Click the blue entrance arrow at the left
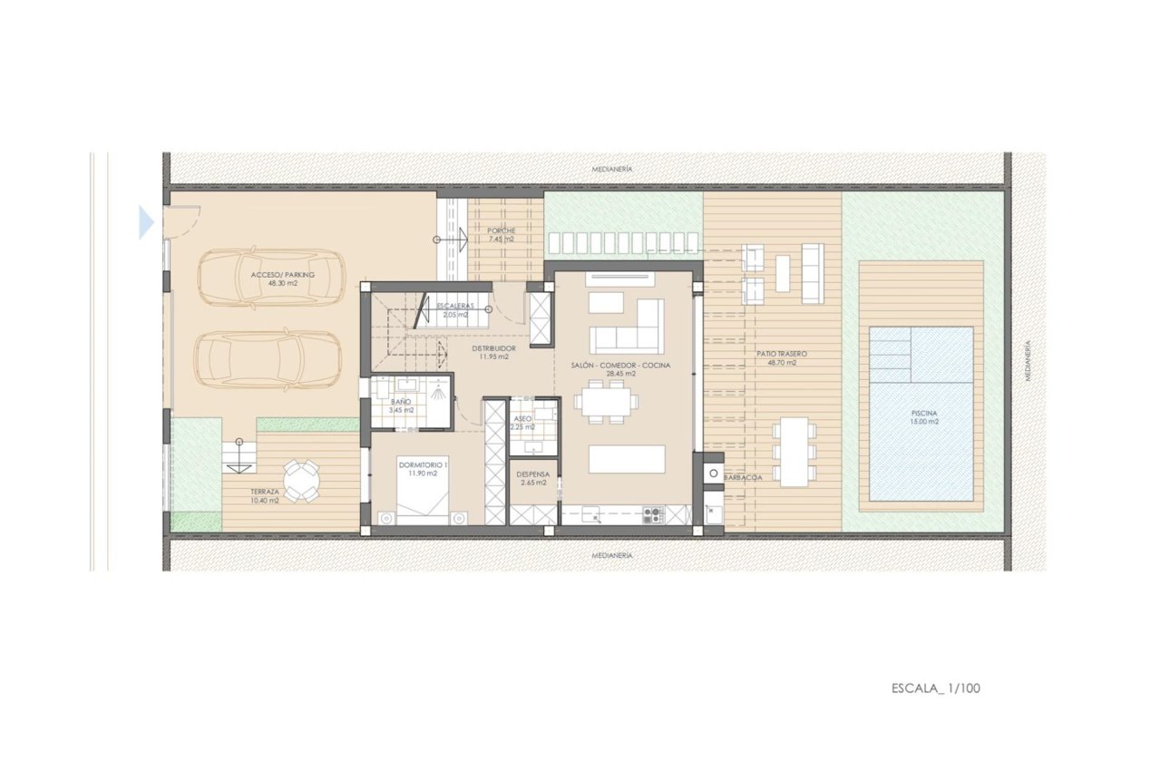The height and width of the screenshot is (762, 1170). pyautogui.click(x=146, y=222)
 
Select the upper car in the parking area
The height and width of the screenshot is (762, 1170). pyautogui.click(x=269, y=278)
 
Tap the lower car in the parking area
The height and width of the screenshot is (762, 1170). pyautogui.click(x=269, y=360)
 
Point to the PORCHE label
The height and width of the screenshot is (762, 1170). pyautogui.click(x=501, y=230)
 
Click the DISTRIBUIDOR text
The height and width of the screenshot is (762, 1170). pyautogui.click(x=494, y=347)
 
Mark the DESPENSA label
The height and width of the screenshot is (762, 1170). pyautogui.click(x=532, y=474)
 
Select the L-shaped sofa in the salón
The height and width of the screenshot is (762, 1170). pyautogui.click(x=627, y=327)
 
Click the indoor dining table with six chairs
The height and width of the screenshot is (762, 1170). pyautogui.click(x=605, y=401)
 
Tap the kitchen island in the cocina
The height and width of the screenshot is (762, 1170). pyautogui.click(x=627, y=459)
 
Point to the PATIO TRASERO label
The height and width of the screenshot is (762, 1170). pyautogui.click(x=781, y=353)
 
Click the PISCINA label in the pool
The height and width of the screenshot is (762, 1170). pyautogui.click(x=920, y=413)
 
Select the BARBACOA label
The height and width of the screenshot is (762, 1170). pyautogui.click(x=743, y=477)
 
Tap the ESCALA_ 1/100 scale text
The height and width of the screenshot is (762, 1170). pyautogui.click(x=935, y=689)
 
